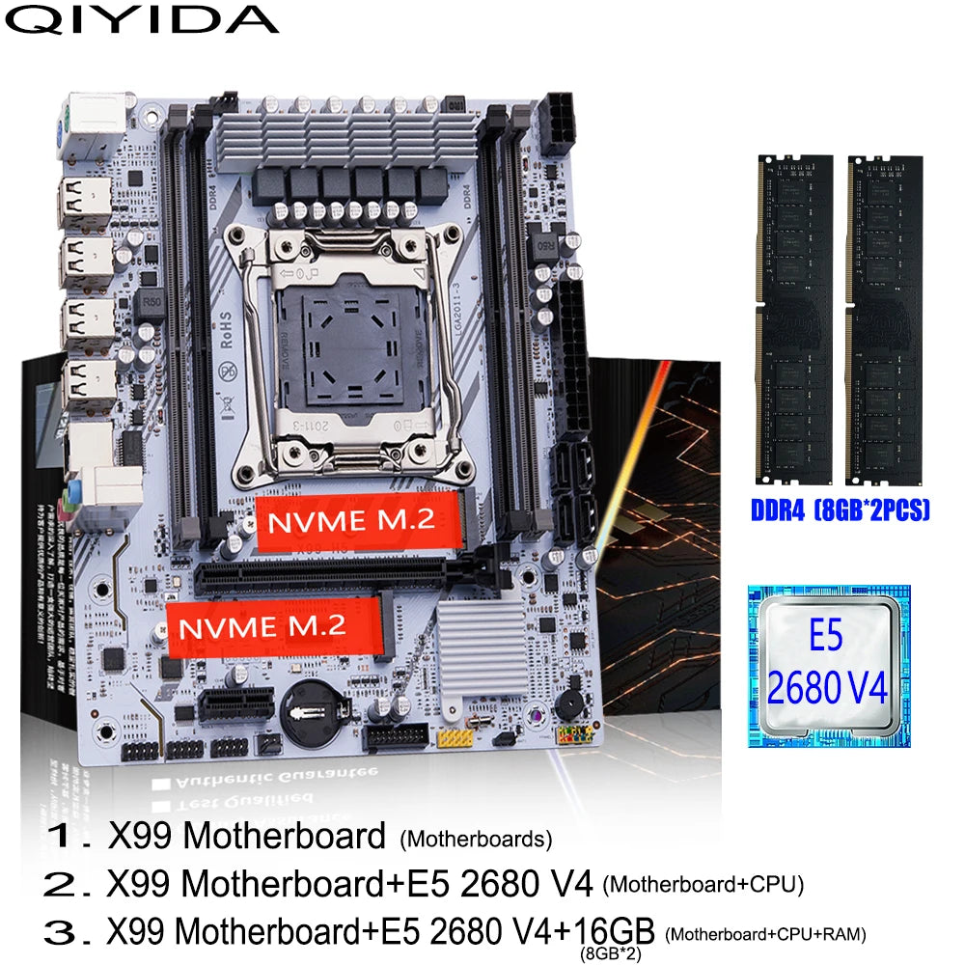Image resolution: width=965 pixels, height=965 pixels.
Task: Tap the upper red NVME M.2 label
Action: tap(357, 523)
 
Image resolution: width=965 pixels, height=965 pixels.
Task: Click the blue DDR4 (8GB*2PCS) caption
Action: tap(840, 510)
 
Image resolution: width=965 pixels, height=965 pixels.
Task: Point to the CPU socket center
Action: tap(344, 345)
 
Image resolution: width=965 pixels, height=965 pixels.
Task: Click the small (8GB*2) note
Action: tap(610, 954)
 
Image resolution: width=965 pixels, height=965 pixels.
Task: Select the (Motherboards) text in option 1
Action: tap(475, 839)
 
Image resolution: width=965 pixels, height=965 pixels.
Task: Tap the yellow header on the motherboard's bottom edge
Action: tap(452, 738)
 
